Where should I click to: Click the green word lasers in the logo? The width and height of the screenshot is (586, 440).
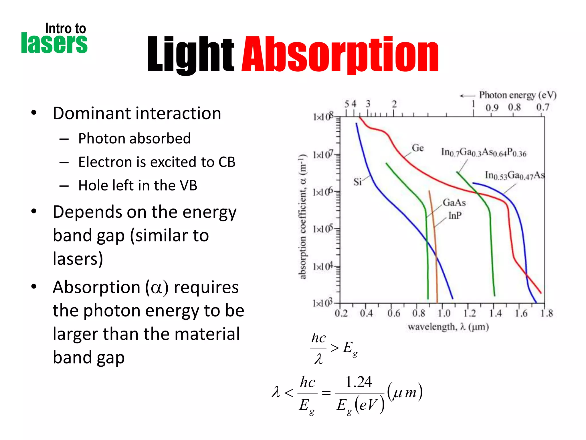coord(54,44)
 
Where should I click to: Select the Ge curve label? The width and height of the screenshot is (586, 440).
coord(418,148)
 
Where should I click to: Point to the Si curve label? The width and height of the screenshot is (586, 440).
coord(358,182)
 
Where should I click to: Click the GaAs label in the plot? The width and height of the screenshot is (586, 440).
coord(454,203)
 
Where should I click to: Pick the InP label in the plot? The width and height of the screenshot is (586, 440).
coord(455,215)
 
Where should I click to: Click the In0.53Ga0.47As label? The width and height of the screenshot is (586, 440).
coord(514,175)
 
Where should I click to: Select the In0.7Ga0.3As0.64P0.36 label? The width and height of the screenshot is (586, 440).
coord(484,153)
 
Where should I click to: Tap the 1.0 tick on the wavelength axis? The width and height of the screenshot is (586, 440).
coord(444,313)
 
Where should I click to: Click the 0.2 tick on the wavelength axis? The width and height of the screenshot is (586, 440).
coord(341,313)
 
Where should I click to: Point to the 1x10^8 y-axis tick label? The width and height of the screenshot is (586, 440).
coord(323,117)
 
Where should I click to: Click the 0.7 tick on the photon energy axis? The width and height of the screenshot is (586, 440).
coord(543,107)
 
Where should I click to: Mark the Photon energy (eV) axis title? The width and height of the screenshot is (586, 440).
coord(518,95)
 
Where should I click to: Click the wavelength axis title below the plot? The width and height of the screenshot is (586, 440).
coord(448,327)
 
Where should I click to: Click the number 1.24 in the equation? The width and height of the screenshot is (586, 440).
coord(358,382)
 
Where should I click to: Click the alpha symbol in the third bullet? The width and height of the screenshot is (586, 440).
coord(157,288)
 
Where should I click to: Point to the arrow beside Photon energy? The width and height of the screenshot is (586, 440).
coord(467,96)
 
